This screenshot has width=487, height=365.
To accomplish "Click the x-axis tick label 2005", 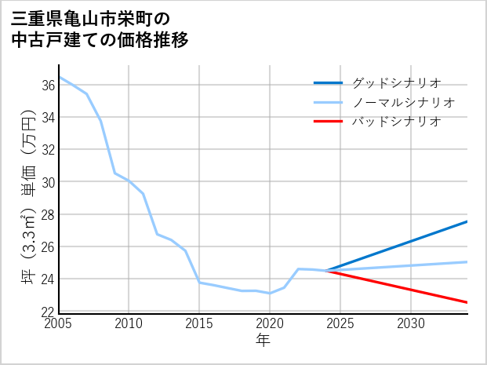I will click(59, 323).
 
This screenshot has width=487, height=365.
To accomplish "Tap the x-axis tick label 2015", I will click(199, 323).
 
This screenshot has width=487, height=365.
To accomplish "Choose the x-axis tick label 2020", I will click(270, 323).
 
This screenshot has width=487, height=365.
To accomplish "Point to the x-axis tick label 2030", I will click(411, 323).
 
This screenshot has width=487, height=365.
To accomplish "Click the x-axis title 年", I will click(263, 340).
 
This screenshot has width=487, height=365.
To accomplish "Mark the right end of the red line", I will click(467, 302).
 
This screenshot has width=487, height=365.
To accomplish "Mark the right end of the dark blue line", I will click(467, 221).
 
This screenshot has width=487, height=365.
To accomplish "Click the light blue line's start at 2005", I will click(60, 77).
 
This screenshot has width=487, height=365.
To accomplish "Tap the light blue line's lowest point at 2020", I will click(270, 293).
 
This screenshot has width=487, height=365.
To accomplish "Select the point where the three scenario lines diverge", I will click(326, 271).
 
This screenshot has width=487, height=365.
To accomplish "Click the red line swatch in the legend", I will click(329, 122).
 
